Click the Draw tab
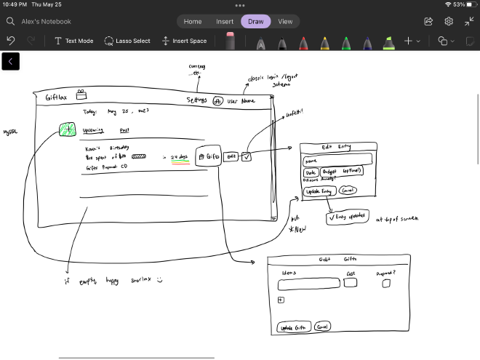coord(255,22)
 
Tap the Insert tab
coord(225,22)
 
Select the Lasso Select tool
coord(127,41)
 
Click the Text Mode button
coord(73,41)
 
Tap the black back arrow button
coord(11,62)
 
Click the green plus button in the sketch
coord(67,129)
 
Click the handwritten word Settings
coord(196,100)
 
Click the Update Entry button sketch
coord(319,192)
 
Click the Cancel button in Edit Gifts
coord(323,327)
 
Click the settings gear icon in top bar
coord(449,22)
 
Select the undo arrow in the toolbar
coord(11,41)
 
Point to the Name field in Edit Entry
coord(337,159)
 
